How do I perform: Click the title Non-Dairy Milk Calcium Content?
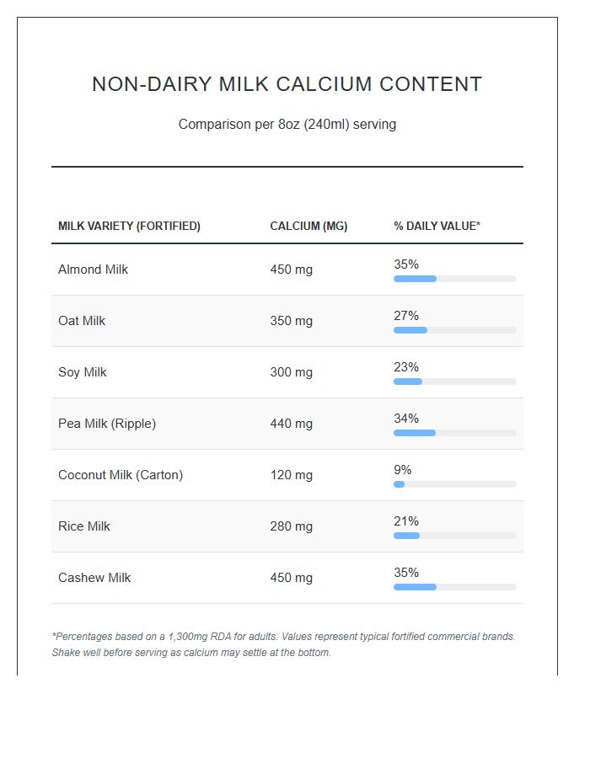pos(287,84)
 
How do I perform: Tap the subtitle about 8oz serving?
pos(287,125)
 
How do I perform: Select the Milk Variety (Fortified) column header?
pos(129,226)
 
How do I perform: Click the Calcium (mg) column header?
pos(308,226)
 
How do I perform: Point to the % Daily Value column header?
pos(437,226)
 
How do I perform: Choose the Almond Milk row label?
pos(93,270)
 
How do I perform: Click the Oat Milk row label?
pos(82,321)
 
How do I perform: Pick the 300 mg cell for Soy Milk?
pos(291,372)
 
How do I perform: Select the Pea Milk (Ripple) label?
pos(107,424)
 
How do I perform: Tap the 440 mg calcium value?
pos(291,424)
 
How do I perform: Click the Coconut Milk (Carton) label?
pos(121,475)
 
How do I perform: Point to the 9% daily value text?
pos(403,470)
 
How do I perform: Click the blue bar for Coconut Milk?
pos(399,484)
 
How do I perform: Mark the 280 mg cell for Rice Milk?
pos(291,526)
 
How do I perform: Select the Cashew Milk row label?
pos(94,578)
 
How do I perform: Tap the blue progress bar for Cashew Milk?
pos(415,587)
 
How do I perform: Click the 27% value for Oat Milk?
pos(406,316)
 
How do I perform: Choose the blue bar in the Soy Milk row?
pos(408,382)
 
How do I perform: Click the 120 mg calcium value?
pos(291,475)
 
